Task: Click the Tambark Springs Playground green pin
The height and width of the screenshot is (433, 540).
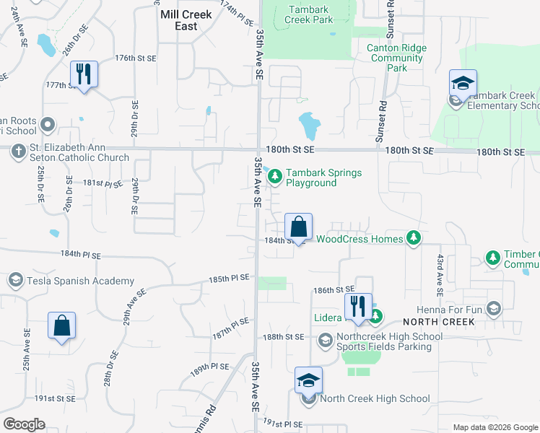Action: click(x=275, y=174)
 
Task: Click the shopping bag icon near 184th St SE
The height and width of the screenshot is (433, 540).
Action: click(x=298, y=227)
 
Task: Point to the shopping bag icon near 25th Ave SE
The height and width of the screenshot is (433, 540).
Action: click(x=62, y=325)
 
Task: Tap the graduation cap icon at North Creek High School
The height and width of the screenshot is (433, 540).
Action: click(x=308, y=381)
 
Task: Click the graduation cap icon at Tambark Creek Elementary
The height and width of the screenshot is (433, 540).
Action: click(x=463, y=83)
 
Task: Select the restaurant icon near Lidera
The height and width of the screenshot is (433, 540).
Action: click(x=358, y=307)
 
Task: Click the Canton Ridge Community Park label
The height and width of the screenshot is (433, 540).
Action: click(x=397, y=58)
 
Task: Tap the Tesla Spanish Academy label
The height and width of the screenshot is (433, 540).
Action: click(x=82, y=281)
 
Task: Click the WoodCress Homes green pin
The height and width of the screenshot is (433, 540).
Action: click(x=413, y=238)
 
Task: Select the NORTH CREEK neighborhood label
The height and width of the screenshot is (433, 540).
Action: click(x=438, y=321)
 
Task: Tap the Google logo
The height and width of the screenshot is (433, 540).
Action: click(x=24, y=424)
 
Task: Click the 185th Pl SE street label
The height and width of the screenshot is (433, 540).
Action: click(x=229, y=278)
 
